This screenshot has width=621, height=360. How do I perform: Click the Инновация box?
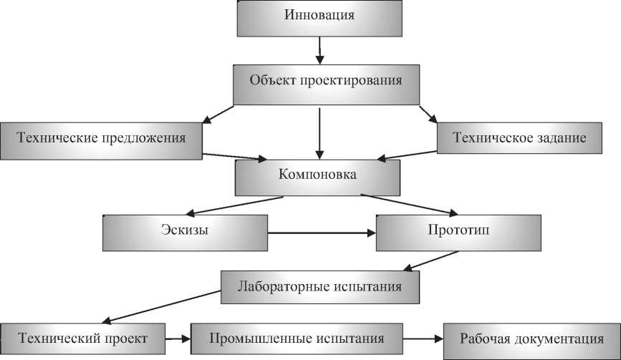tap(319, 16)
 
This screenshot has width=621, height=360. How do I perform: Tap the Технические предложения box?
tap(101, 137)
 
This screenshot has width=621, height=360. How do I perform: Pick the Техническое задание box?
tap(521, 137)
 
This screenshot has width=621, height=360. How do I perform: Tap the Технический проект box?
tap(83, 338)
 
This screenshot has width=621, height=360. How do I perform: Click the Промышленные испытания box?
tap(297, 338)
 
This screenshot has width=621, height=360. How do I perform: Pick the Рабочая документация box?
tap(530, 338)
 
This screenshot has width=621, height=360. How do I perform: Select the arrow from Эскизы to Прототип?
tap(322, 233)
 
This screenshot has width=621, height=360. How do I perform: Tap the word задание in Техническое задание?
tap(561, 137)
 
